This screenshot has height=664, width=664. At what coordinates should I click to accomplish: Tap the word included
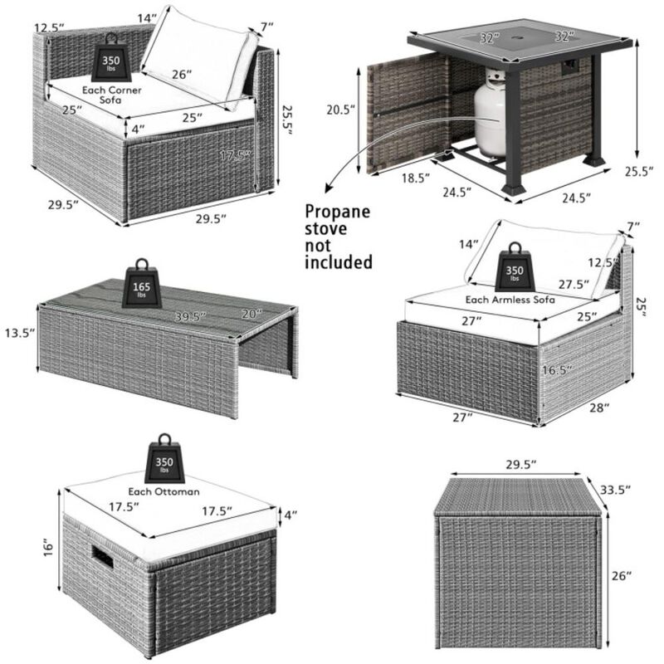pyautogui.click(x=339, y=263)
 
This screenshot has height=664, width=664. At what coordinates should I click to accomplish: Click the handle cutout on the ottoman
pyautogui.click(x=104, y=558)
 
